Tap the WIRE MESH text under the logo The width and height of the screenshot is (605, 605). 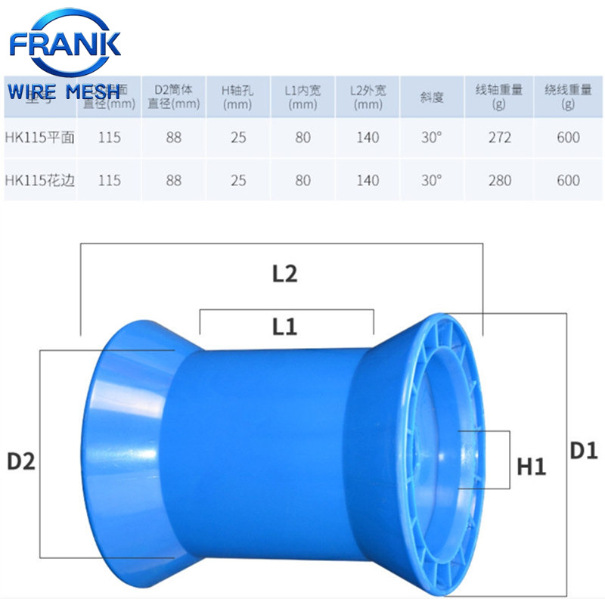pyautogui.click(x=64, y=92)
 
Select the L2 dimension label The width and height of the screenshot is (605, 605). pyautogui.click(x=284, y=274)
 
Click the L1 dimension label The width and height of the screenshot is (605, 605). pyautogui.click(x=284, y=326)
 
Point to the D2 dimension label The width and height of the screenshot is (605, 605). pyautogui.click(x=21, y=461)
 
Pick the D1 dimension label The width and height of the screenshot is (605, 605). pyautogui.click(x=584, y=451)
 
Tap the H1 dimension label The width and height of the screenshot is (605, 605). pyautogui.click(x=531, y=467)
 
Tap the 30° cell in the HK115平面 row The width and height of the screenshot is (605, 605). pyautogui.click(x=431, y=138)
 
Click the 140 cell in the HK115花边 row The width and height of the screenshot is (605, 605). pyautogui.click(x=368, y=181)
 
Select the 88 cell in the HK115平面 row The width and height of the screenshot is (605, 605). pyautogui.click(x=174, y=138)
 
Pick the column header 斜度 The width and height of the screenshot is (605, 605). pyautogui.click(x=431, y=97)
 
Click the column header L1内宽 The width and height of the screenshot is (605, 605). pyautogui.click(x=302, y=97)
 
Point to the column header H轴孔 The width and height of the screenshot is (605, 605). pyautogui.click(x=238, y=97)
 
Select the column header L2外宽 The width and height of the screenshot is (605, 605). pyautogui.click(x=368, y=97)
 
